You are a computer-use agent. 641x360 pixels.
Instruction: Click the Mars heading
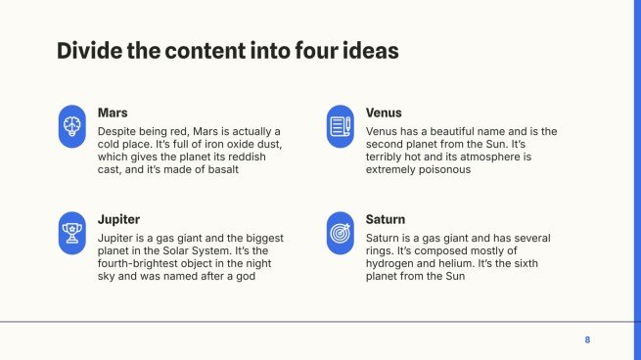(x=113, y=112)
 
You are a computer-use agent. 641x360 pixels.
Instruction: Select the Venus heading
(x=384, y=112)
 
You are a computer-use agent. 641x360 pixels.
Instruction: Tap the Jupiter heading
(x=118, y=219)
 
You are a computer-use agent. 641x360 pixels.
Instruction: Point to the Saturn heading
(x=386, y=219)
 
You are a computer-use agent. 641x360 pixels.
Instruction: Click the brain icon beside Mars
(x=71, y=126)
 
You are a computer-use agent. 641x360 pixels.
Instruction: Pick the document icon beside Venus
(x=339, y=126)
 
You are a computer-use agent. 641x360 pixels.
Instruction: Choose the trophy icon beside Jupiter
(x=71, y=233)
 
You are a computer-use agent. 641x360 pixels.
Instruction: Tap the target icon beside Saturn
(x=339, y=233)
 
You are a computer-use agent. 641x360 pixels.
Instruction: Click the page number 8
(x=587, y=339)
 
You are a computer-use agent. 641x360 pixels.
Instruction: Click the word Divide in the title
(x=87, y=51)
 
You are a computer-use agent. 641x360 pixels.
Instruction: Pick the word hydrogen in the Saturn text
(x=393, y=263)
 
